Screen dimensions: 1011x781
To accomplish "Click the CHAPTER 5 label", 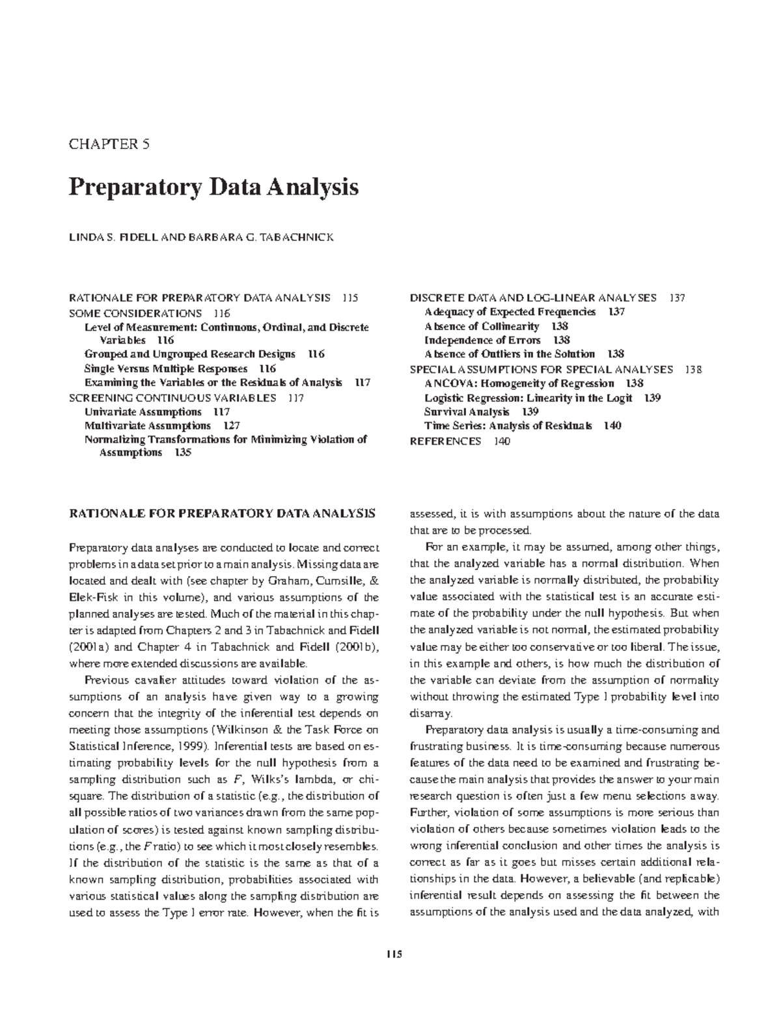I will (x=109, y=145).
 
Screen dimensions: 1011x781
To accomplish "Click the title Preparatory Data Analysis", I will (x=213, y=187).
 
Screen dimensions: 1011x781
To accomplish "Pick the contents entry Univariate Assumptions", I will (x=143, y=411).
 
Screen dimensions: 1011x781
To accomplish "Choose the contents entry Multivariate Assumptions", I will (x=148, y=426).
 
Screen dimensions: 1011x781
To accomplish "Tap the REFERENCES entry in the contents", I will (x=445, y=441).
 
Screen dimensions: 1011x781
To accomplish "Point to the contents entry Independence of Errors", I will (x=482, y=340).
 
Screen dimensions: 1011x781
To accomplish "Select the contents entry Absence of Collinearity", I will (x=482, y=326).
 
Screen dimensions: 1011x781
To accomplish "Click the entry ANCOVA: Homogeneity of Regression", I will (x=519, y=383).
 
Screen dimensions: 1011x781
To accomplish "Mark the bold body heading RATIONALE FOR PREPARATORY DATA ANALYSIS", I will (x=222, y=513).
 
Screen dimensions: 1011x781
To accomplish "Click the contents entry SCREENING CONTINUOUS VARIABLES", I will (x=172, y=398).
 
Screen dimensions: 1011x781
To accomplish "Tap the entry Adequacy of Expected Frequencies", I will (x=510, y=312).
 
